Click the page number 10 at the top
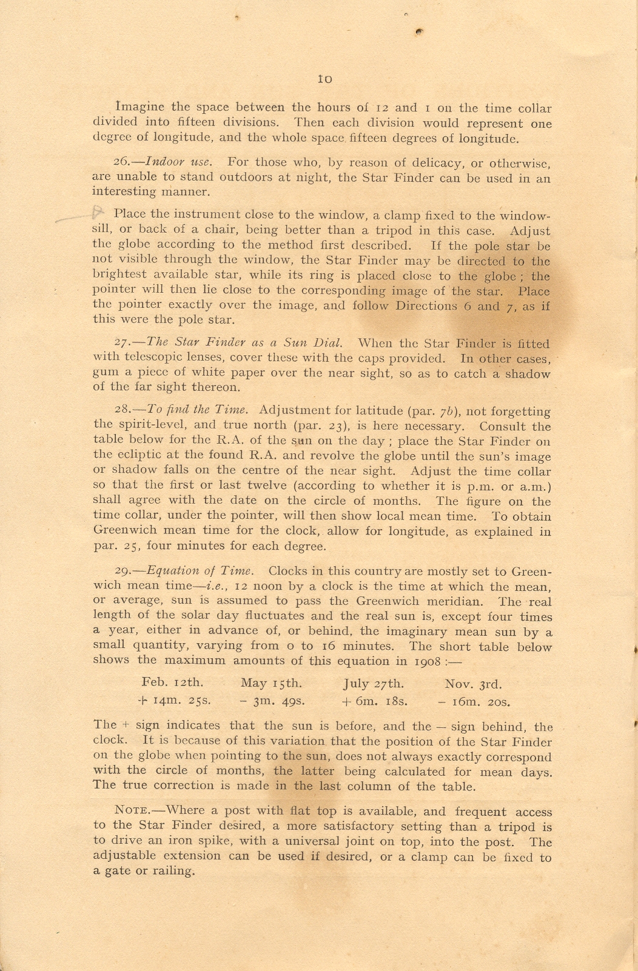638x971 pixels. point(324,79)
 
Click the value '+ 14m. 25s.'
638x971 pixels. point(175,701)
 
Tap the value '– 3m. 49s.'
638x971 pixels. point(271,701)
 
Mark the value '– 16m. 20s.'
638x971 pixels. point(474,702)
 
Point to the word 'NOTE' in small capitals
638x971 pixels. point(128,810)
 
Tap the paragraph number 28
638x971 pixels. point(123,411)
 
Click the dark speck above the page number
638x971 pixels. point(419,32)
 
